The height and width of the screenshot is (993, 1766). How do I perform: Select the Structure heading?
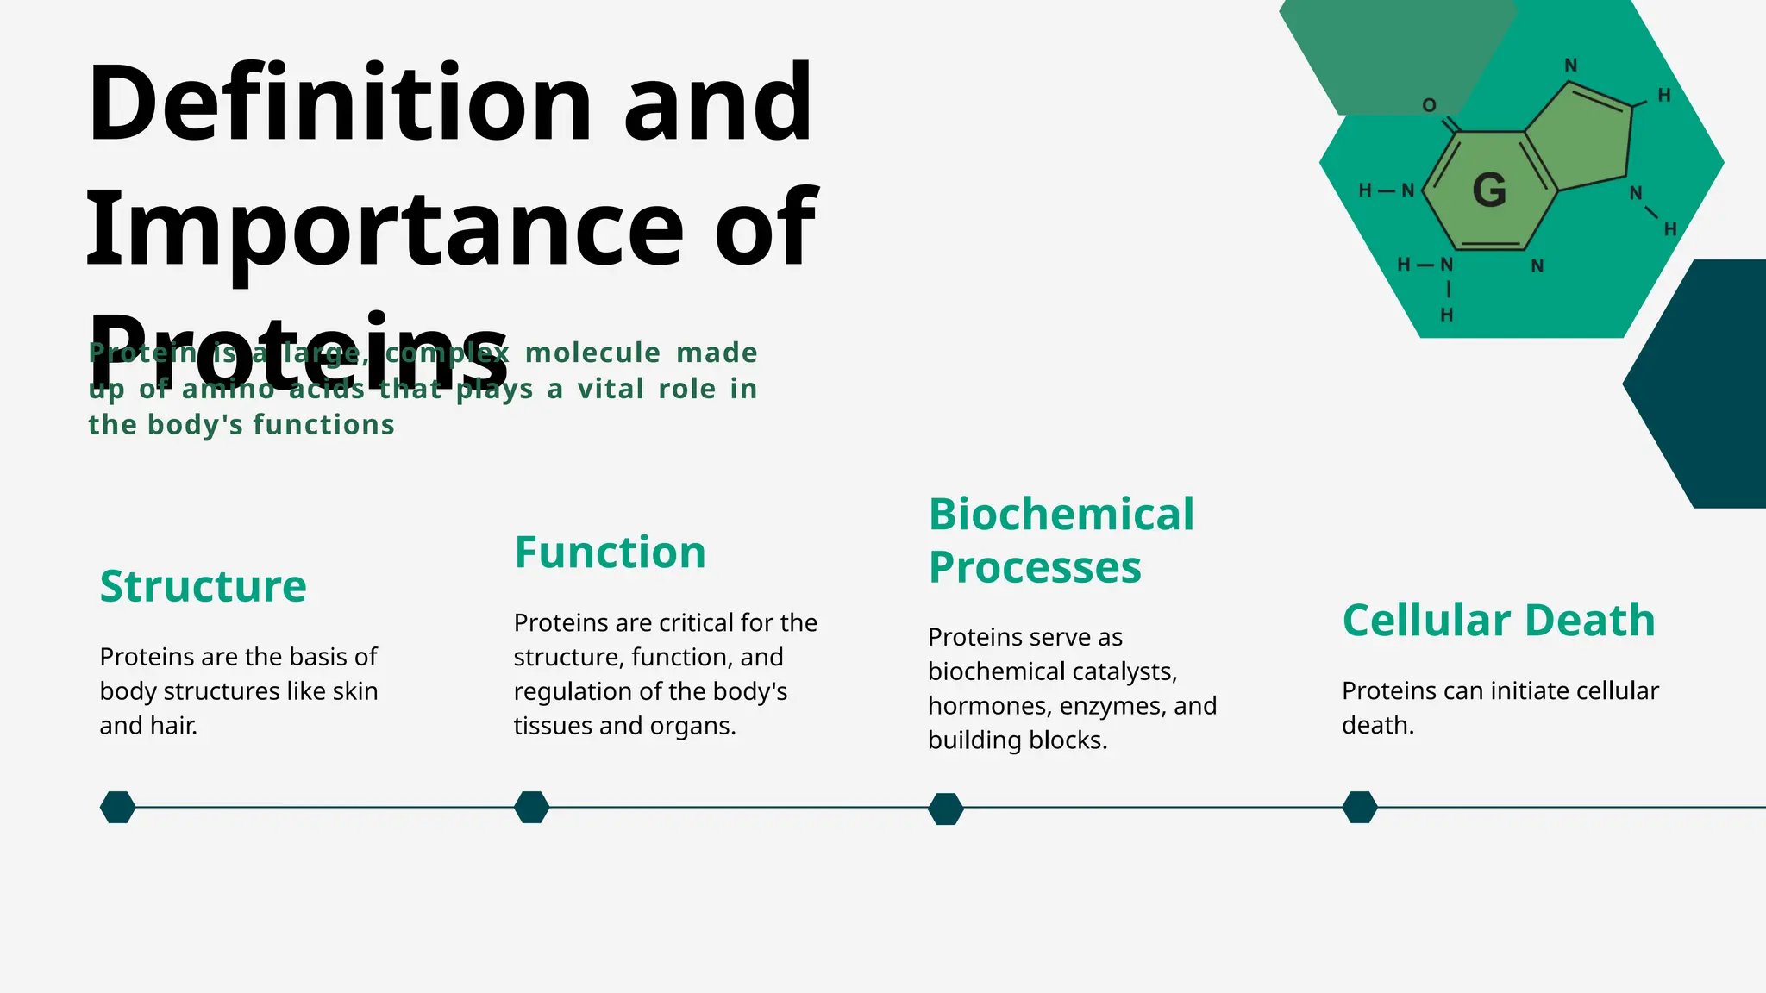point(203,586)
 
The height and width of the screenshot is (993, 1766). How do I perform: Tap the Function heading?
point(610,553)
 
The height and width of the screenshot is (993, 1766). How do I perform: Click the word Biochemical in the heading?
point(1061,515)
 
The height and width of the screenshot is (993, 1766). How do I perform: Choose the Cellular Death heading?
point(1499,621)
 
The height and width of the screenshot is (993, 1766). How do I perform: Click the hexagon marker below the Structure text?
point(117,808)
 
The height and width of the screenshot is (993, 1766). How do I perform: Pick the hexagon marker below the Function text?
point(531,808)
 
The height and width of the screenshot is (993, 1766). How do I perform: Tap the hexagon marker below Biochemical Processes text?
point(945,809)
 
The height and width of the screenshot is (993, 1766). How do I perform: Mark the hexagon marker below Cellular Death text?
point(1359,808)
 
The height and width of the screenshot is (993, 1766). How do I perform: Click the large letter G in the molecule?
point(1489,190)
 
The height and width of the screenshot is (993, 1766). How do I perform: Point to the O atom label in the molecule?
point(1429,105)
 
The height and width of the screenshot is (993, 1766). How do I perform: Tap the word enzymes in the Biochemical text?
point(1112,706)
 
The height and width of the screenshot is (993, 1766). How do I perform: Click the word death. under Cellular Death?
point(1377,726)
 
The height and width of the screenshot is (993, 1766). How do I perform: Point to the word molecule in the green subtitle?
point(592,353)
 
